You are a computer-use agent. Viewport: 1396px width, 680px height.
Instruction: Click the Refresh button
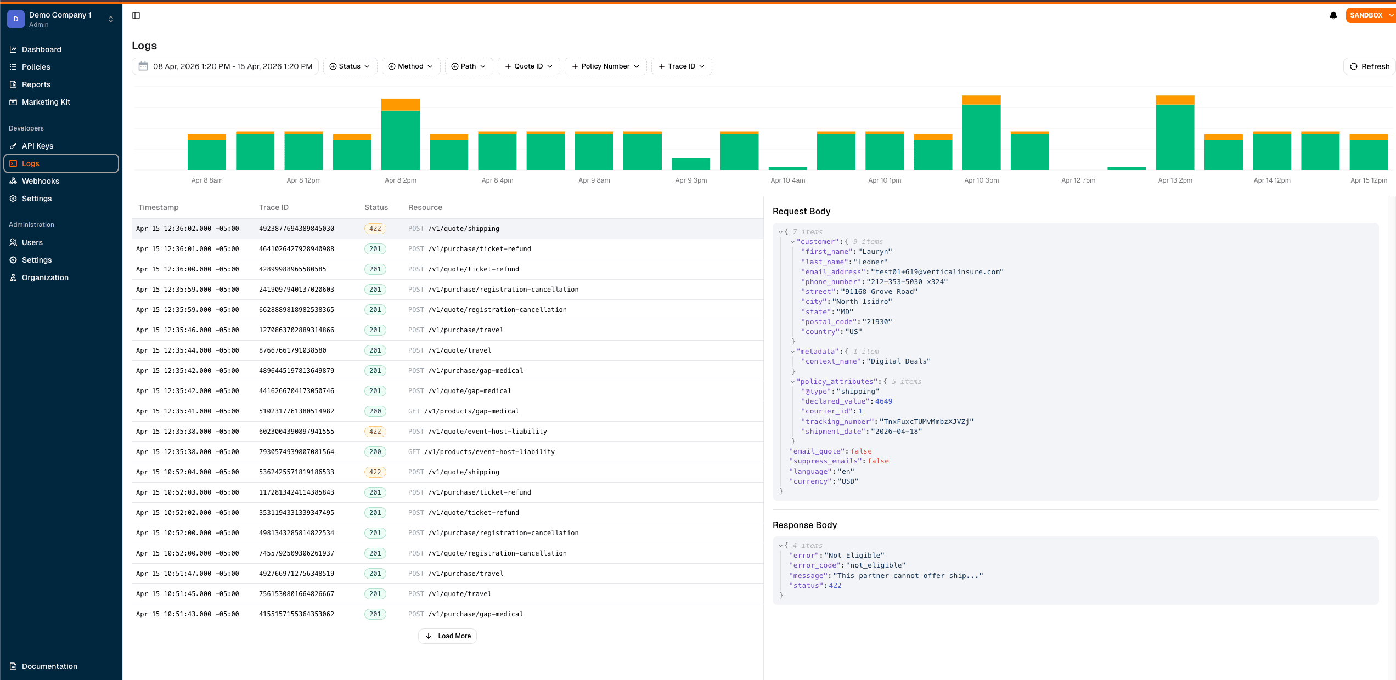pyautogui.click(x=1369, y=66)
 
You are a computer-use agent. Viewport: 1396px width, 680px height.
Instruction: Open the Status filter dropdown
pyautogui.click(x=350, y=66)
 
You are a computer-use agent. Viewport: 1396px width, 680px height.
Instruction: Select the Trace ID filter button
pyautogui.click(x=681, y=66)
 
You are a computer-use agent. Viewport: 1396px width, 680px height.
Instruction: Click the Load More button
pyautogui.click(x=448, y=636)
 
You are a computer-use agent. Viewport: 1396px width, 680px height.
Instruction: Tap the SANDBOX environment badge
pyautogui.click(x=1367, y=15)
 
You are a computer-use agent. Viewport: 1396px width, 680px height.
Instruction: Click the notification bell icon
pyautogui.click(x=1333, y=15)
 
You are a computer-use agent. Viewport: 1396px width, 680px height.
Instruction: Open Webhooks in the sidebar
pyautogui.click(x=40, y=181)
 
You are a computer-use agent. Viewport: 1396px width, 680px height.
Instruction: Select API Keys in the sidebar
pyautogui.click(x=37, y=146)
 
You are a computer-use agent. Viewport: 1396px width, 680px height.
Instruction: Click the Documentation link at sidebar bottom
pyautogui.click(x=49, y=666)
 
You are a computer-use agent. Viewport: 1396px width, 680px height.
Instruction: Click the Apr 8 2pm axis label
pyautogui.click(x=400, y=180)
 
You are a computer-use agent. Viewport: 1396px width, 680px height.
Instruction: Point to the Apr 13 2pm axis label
pyautogui.click(x=1175, y=180)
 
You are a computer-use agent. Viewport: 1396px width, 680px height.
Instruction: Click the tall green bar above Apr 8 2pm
pyautogui.click(x=400, y=140)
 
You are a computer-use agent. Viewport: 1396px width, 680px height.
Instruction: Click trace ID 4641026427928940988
pyautogui.click(x=296, y=249)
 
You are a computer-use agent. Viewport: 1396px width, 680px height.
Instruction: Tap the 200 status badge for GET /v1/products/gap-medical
pyautogui.click(x=375, y=411)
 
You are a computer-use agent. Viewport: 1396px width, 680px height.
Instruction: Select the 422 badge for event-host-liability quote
pyautogui.click(x=375, y=432)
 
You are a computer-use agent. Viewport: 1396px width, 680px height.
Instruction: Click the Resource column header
pyautogui.click(x=425, y=207)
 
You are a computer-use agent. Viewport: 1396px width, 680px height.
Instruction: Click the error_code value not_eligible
pyautogui.click(x=875, y=565)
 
